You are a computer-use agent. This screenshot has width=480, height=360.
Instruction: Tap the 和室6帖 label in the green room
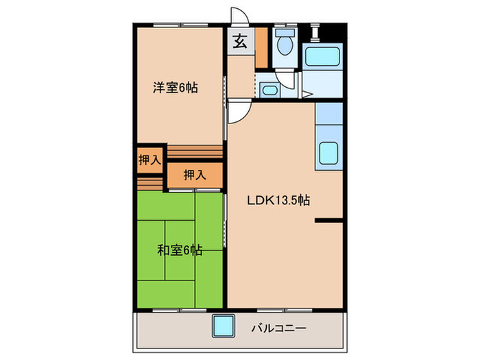pyautogui.click(x=178, y=251)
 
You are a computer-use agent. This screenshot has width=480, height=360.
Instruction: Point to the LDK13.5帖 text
pyautogui.click(x=278, y=201)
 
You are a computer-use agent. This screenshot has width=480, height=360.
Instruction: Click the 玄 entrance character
pyautogui.click(x=240, y=43)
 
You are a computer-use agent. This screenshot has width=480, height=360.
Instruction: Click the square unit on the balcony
pyautogui.click(x=223, y=324)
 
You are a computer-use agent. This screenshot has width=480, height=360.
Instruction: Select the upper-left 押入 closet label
pyautogui.click(x=149, y=160)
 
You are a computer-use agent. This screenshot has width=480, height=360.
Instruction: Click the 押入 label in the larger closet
pyautogui.click(x=194, y=176)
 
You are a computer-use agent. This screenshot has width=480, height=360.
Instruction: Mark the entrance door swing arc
pyautogui.click(x=238, y=17)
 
